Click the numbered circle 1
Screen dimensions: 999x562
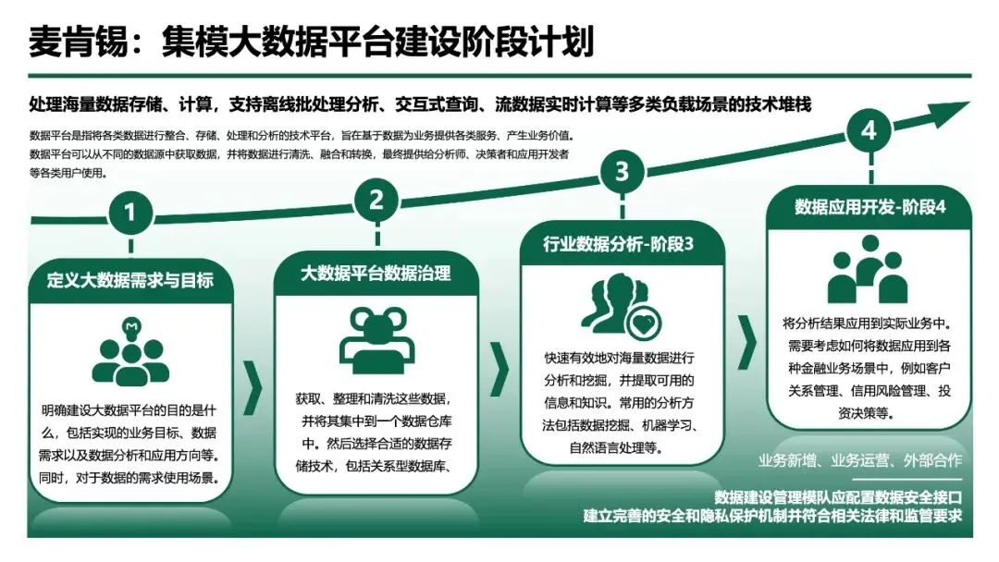coord(130,213)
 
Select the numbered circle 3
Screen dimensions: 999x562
coord(622,170)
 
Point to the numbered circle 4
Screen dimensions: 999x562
coord(868,131)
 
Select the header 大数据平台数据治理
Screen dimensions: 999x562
coord(376,273)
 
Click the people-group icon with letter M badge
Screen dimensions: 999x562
coord(130,351)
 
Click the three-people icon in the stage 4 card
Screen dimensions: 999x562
coord(868,269)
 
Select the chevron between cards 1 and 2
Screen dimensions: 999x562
coord(253,389)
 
